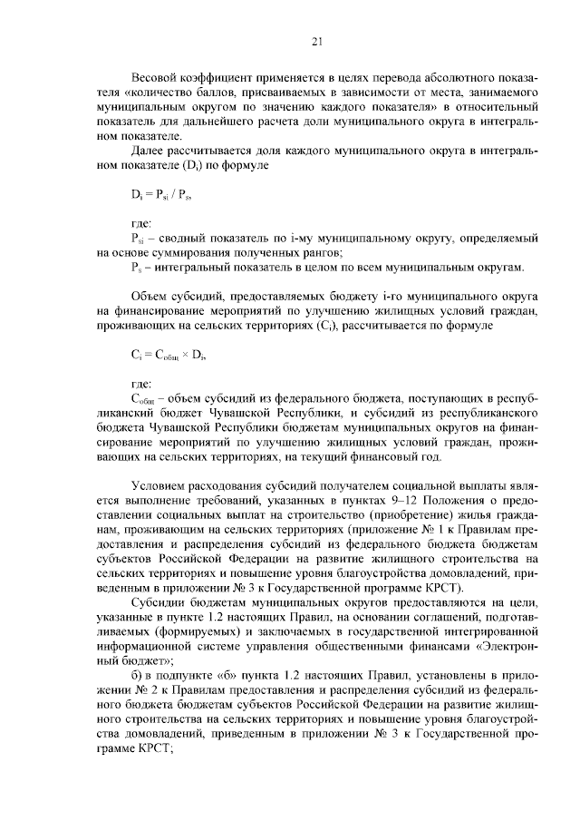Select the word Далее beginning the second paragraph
click(150, 151)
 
